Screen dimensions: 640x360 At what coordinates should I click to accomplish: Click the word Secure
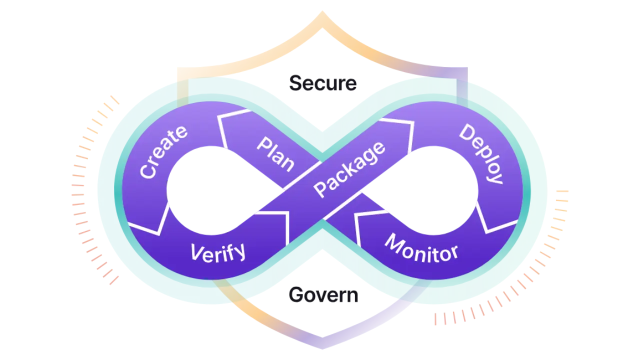tap(323, 83)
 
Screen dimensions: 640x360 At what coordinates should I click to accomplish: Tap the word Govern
tap(323, 295)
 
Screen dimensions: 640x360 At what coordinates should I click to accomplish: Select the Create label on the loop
tap(163, 151)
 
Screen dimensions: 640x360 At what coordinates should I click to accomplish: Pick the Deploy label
tap(480, 153)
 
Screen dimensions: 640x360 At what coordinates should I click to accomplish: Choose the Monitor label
tap(421, 248)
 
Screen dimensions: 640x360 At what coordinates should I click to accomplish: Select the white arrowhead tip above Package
tap(413, 121)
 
